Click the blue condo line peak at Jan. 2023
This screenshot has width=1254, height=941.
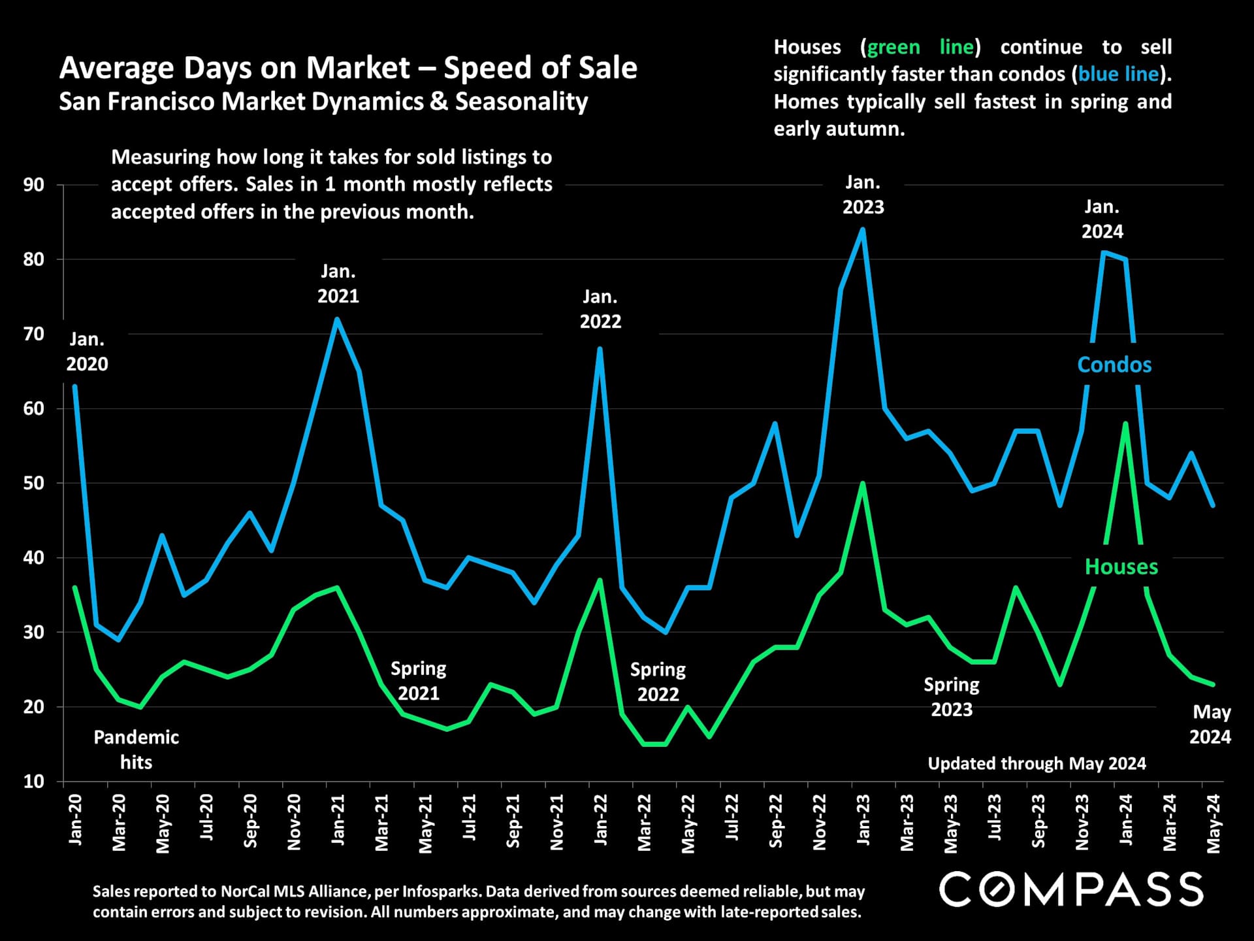pyautogui.click(x=863, y=229)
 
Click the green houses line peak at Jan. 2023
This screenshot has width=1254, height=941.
pyautogui.click(x=863, y=484)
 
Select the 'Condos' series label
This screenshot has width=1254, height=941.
pyautogui.click(x=1114, y=365)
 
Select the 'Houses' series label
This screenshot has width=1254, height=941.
pyautogui.click(x=1121, y=567)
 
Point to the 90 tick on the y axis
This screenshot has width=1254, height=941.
pyautogui.click(x=34, y=185)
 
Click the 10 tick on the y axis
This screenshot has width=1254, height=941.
pyautogui.click(x=34, y=782)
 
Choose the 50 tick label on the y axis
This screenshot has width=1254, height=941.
pyautogui.click(x=34, y=484)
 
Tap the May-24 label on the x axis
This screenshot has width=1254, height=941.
pyautogui.click(x=1214, y=823)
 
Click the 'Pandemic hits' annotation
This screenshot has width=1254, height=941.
pyautogui.click(x=136, y=750)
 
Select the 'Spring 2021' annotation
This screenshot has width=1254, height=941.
pyautogui.click(x=418, y=681)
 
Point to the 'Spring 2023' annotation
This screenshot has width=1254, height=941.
pyautogui.click(x=951, y=697)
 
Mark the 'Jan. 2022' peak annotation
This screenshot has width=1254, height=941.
pyautogui.click(x=600, y=309)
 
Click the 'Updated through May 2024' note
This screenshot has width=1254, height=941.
pyautogui.click(x=1037, y=763)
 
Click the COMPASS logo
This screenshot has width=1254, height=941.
pyautogui.click(x=1070, y=889)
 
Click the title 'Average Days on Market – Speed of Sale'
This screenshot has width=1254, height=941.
pyautogui.click(x=348, y=68)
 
